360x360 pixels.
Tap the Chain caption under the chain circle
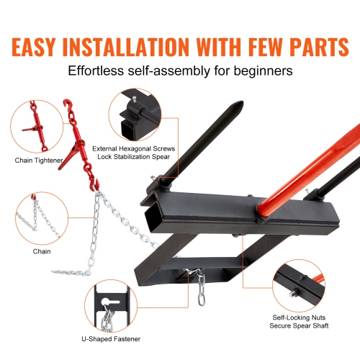click(x=42, y=252)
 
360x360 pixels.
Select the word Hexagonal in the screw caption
click(x=155, y=149)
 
